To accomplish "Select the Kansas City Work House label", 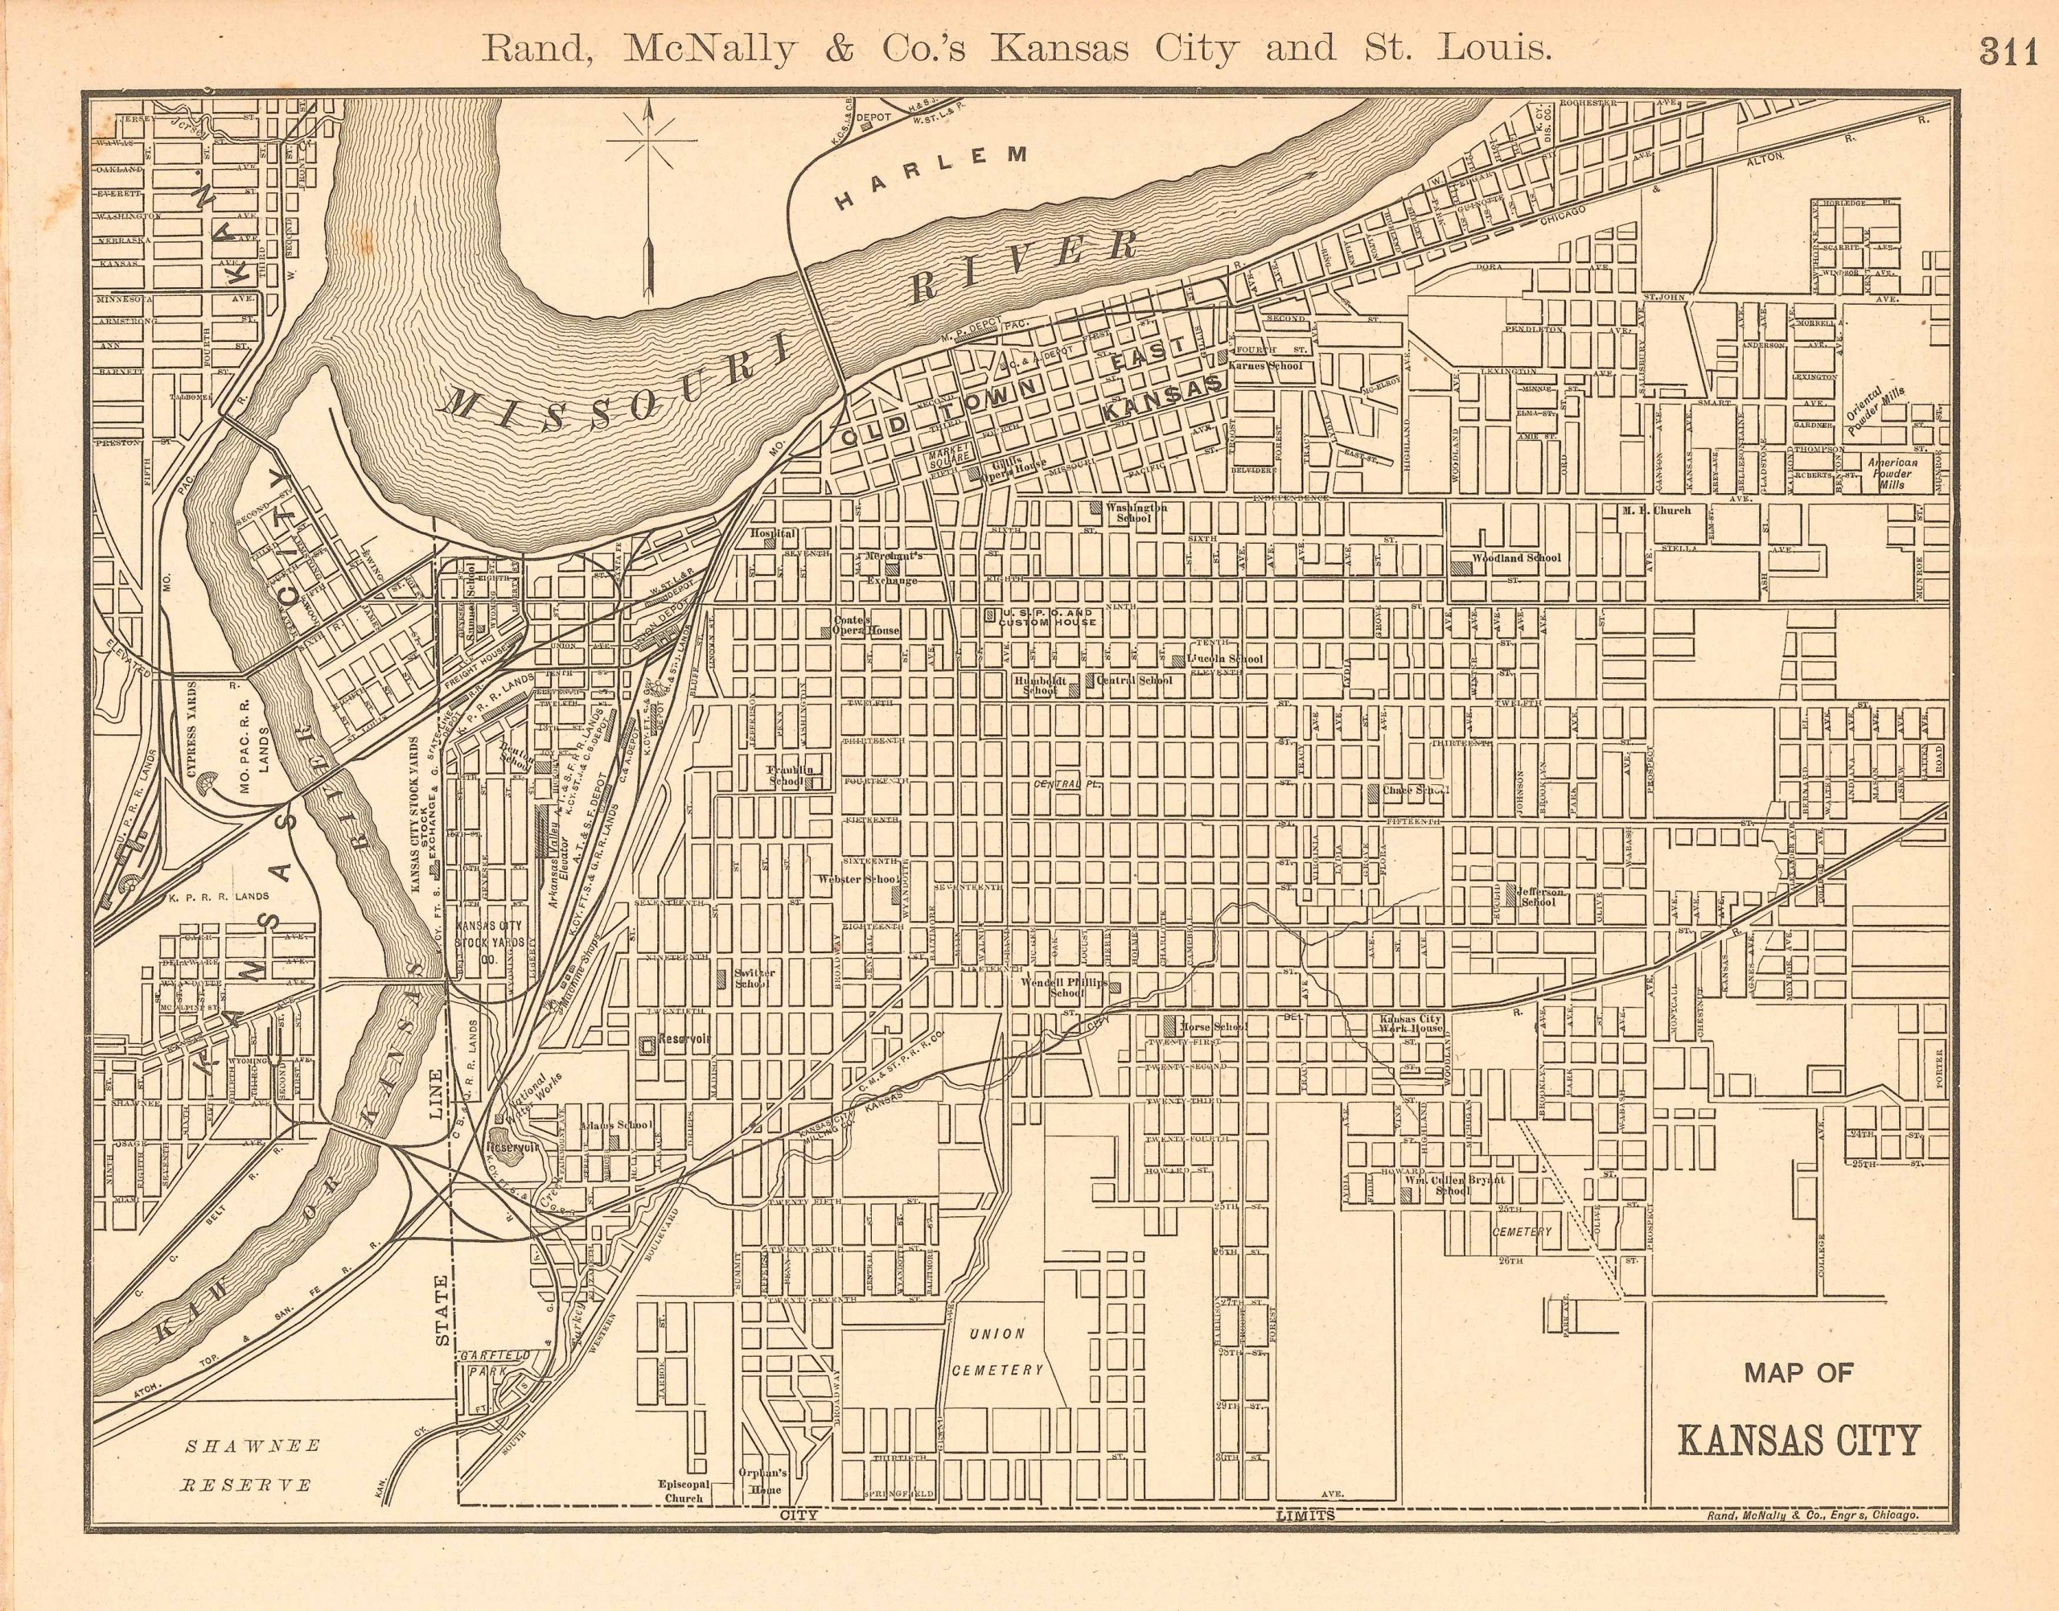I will coord(1411,1025).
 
